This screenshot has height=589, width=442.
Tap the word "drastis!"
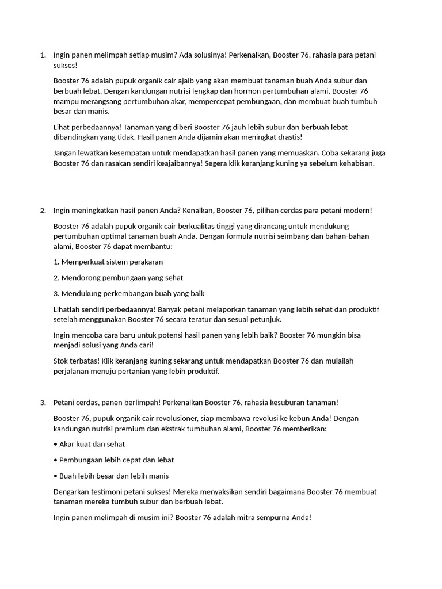point(287,137)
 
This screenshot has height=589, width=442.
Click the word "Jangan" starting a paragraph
point(66,153)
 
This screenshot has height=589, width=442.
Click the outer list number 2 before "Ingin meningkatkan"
point(43,211)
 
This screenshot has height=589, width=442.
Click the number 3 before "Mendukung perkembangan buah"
point(56,294)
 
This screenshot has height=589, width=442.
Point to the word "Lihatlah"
point(67,309)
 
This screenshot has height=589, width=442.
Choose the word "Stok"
point(61,361)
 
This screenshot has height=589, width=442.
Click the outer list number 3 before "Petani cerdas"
point(43,403)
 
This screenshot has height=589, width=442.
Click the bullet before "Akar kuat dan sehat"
point(55,445)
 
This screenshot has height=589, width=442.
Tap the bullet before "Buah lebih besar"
point(55,476)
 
